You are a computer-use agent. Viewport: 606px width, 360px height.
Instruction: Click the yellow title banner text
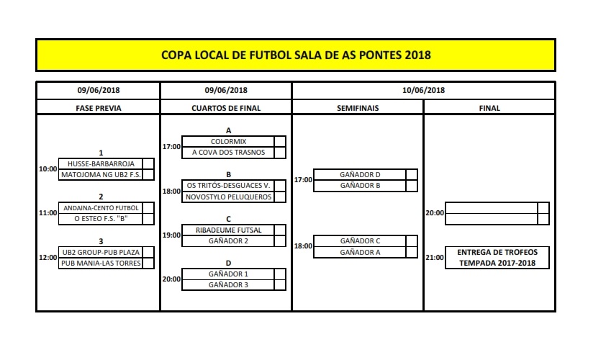(x=296, y=55)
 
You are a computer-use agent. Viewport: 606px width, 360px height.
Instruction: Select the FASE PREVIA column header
(x=99, y=108)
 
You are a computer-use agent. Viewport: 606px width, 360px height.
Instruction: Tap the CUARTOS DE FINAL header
(x=226, y=108)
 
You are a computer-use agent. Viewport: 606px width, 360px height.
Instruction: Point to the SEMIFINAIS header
(x=358, y=108)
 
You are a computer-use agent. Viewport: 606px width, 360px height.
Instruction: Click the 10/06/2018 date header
(x=424, y=90)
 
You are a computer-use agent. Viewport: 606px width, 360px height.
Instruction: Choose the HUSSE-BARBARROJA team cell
(x=101, y=163)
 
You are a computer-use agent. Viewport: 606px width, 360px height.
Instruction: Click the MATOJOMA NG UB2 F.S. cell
(x=101, y=175)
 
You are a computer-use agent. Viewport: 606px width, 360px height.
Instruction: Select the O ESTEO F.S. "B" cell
(x=101, y=219)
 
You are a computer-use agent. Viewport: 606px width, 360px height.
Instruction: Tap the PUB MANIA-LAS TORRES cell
(x=101, y=264)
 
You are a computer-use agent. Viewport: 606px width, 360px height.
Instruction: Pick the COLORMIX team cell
(x=228, y=142)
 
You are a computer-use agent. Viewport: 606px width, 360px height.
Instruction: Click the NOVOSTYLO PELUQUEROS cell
(x=228, y=197)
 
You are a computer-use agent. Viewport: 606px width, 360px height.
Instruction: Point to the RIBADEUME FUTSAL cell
(x=228, y=230)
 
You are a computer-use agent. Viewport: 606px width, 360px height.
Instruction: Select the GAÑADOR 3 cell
(x=228, y=285)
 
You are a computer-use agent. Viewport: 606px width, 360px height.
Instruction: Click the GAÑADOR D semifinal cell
(x=360, y=175)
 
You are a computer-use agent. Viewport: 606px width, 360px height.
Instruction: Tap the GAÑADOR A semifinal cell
(x=360, y=253)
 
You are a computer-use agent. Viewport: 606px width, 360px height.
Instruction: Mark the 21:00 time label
(x=435, y=258)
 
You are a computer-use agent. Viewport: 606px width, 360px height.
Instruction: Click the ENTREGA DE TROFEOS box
(x=497, y=258)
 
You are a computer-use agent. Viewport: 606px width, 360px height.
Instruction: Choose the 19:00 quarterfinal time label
(x=171, y=235)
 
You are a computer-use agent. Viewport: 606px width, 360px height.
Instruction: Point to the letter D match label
(x=228, y=263)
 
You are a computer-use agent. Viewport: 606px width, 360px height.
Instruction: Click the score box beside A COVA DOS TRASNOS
(x=280, y=153)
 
